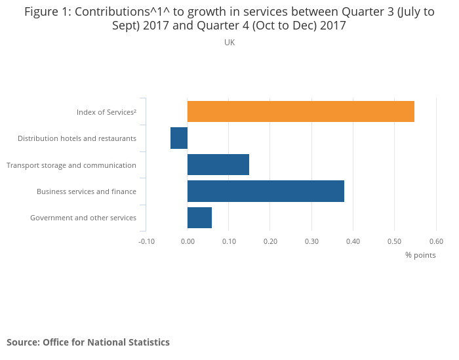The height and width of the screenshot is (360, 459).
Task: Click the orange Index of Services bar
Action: (300, 111)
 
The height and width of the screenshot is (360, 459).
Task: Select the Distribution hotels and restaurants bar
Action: (179, 138)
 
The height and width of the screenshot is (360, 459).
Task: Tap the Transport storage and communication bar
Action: (218, 165)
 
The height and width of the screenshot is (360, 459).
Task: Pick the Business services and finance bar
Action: (266, 191)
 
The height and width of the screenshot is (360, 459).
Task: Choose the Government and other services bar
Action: (199, 218)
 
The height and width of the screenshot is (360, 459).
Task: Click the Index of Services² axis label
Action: (106, 112)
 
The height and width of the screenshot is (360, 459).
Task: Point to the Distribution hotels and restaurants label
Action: (77, 138)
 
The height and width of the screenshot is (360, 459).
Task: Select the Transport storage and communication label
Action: (71, 165)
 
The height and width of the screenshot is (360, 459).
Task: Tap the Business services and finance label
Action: (87, 191)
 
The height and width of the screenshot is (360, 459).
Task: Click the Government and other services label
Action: (83, 218)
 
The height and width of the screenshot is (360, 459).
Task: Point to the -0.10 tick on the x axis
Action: (146, 241)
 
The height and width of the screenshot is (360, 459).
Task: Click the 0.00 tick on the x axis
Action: (188, 241)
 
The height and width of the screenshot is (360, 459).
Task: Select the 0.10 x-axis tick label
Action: (229, 241)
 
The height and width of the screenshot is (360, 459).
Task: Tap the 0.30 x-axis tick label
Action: (311, 241)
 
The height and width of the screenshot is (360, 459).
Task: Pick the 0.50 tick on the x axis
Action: (394, 241)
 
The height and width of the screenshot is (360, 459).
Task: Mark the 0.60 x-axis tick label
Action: (436, 241)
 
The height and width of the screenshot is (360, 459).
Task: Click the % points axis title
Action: (420, 255)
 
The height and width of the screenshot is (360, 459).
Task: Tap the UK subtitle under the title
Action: (229, 43)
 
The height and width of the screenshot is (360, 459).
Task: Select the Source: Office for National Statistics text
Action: (88, 342)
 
